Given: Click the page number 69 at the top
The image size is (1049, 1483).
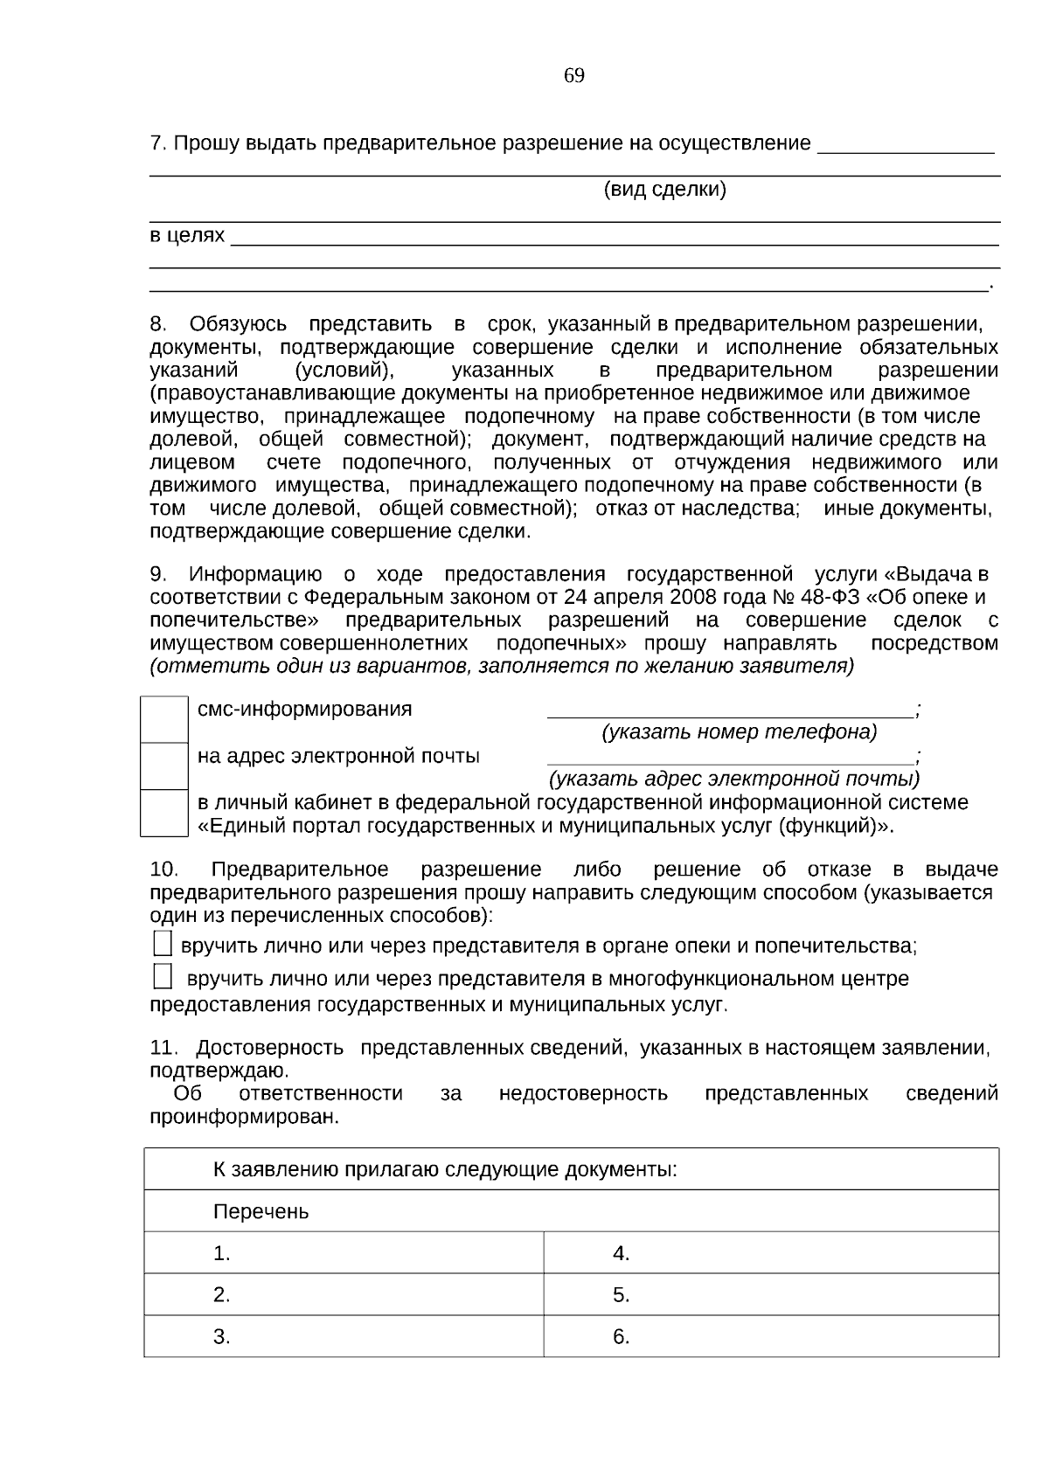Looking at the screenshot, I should tap(573, 76).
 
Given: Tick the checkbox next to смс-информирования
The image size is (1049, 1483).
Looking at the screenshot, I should tap(164, 719).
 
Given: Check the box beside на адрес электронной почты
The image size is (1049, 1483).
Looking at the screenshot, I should tap(164, 766).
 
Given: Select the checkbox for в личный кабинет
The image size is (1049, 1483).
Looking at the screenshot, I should tap(164, 813).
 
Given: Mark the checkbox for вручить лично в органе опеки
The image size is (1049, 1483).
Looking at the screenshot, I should tap(163, 944).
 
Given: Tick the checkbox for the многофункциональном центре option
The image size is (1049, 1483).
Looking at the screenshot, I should tap(163, 975).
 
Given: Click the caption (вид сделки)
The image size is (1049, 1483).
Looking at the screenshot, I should tap(664, 190).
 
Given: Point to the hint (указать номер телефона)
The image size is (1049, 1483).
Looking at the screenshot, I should tap(739, 731).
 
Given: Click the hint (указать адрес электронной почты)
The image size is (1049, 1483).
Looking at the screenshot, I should tap(733, 778).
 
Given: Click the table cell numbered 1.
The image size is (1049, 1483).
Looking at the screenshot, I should tap(344, 1253).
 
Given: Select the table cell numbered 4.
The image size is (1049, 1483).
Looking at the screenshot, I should tap(770, 1253).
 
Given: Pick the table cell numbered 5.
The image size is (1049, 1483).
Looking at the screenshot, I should tap(770, 1294).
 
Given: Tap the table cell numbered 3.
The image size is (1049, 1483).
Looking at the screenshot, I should tap(344, 1336).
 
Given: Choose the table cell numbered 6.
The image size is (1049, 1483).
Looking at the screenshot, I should tap(770, 1336).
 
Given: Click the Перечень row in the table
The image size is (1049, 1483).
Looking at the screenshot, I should tap(571, 1211).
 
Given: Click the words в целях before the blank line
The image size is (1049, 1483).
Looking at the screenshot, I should tap(186, 236).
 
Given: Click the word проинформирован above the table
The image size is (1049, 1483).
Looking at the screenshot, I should tap(243, 1117).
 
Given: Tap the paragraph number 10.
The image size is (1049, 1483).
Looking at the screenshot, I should tap(163, 870).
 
